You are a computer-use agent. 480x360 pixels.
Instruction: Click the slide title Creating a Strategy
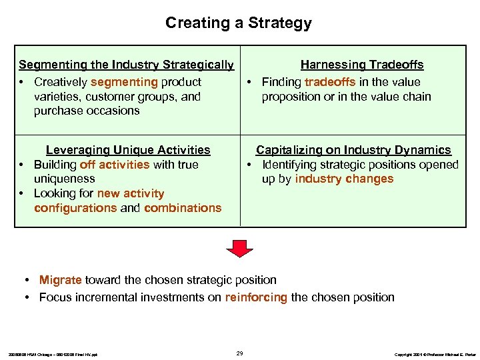[x=239, y=23]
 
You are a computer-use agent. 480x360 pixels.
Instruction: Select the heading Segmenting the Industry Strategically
[x=126, y=65]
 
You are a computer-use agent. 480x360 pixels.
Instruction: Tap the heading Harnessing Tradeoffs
[x=362, y=65]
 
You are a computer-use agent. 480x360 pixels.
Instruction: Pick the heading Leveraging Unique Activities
[x=127, y=150]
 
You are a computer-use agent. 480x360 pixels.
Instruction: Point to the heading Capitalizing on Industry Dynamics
[x=353, y=150]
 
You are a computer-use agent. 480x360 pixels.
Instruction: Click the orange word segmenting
[x=124, y=82]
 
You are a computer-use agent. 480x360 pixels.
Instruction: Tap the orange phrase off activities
[x=114, y=165]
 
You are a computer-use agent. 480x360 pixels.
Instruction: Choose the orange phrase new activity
[x=131, y=193]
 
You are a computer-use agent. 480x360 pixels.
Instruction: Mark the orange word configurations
[x=75, y=208]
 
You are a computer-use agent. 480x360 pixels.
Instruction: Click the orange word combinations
[x=183, y=208]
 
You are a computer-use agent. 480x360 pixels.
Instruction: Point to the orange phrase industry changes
[x=344, y=179]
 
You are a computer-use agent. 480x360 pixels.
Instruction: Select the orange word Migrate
[x=60, y=280]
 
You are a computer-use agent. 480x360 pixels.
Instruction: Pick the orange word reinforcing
[x=256, y=297]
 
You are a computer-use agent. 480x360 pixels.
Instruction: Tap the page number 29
[x=240, y=353]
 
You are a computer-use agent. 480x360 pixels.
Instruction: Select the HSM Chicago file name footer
[x=53, y=354]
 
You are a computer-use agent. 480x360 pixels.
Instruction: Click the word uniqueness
[x=65, y=179]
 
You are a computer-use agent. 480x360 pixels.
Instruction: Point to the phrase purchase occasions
[x=87, y=111]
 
